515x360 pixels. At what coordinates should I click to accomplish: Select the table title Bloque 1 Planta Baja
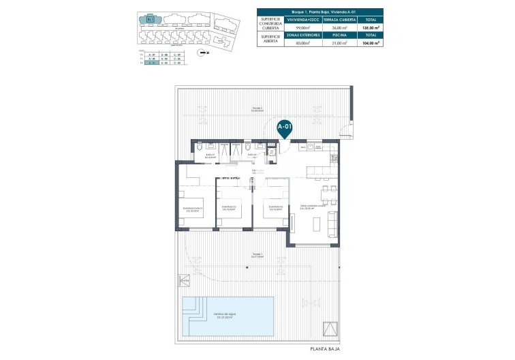click(319, 12)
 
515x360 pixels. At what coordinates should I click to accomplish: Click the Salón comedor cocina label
click(307, 207)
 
